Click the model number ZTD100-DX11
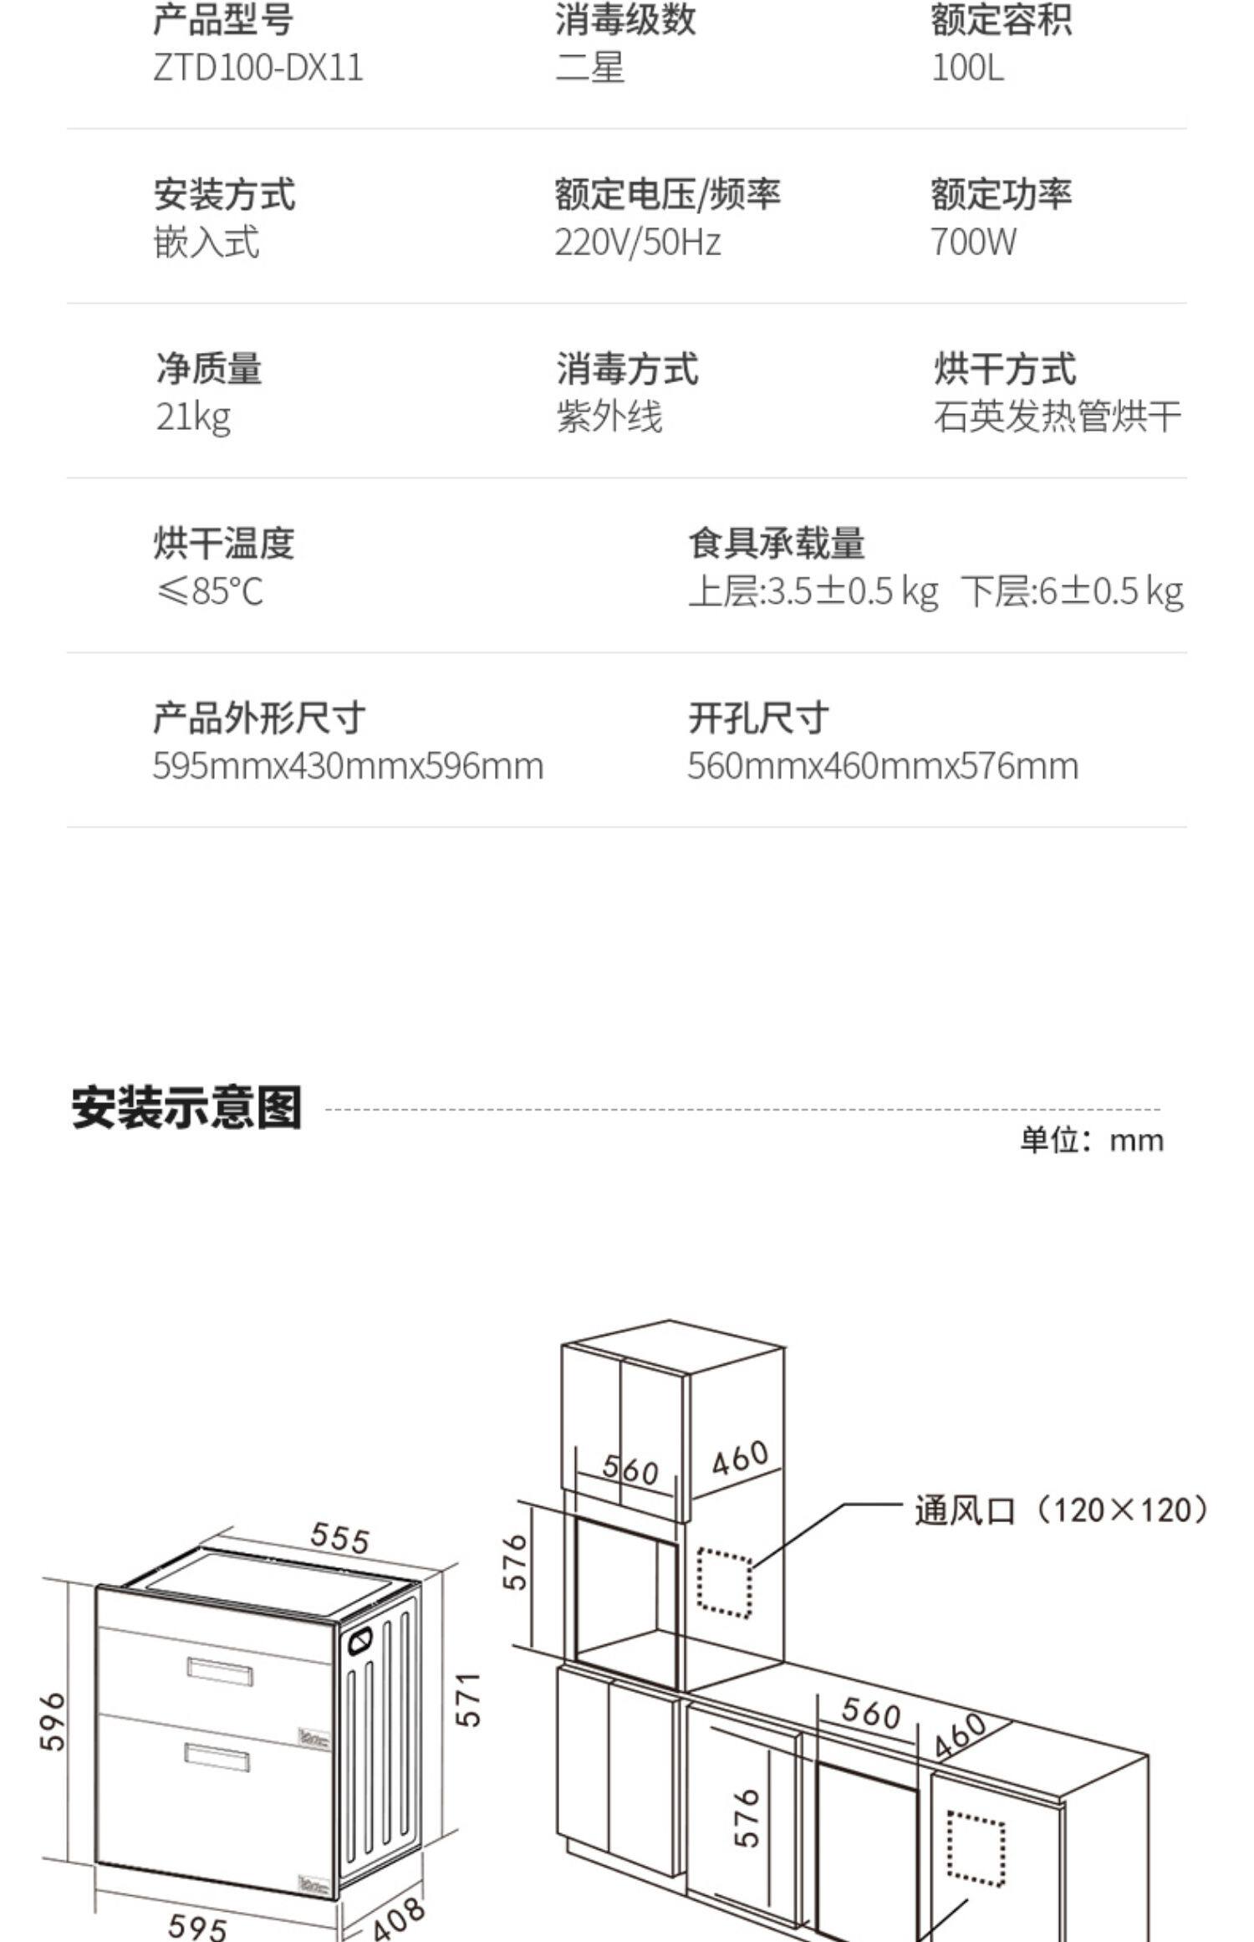(258, 68)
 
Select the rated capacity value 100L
(967, 68)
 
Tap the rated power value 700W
(974, 243)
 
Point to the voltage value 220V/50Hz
(637, 243)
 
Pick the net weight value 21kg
(193, 417)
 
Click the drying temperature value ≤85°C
(209, 591)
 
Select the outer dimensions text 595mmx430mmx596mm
(348, 766)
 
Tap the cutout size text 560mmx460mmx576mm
(883, 766)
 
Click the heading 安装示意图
(186, 1108)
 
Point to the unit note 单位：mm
(1091, 1141)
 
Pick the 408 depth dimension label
(398, 1918)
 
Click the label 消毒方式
(627, 369)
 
